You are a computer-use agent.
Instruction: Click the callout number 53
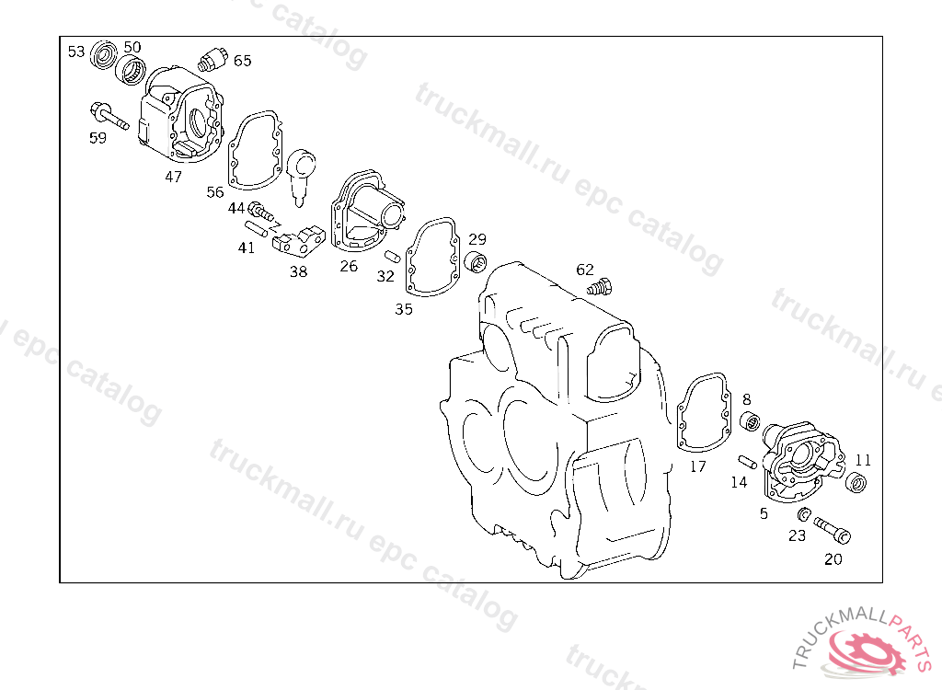click(x=76, y=52)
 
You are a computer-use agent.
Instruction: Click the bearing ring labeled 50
click(x=131, y=69)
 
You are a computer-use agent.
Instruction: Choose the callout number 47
click(x=174, y=177)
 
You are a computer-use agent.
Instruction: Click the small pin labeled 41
click(x=256, y=229)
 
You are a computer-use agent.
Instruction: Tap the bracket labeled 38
click(x=299, y=238)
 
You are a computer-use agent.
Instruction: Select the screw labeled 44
click(x=260, y=211)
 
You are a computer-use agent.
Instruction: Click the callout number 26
click(x=349, y=266)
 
